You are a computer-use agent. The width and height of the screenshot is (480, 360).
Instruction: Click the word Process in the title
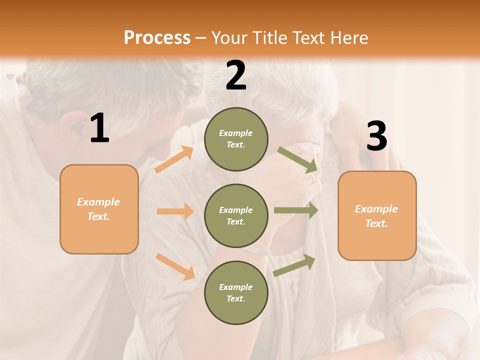[x=157, y=38]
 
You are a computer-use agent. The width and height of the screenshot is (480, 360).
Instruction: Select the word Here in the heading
[x=349, y=38]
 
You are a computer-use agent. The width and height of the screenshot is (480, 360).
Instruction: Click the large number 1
[x=99, y=128]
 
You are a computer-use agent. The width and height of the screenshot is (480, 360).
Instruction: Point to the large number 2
[x=236, y=76]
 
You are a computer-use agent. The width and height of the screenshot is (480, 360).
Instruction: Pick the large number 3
[x=376, y=136]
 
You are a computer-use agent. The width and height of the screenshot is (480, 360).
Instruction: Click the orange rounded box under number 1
[x=99, y=209]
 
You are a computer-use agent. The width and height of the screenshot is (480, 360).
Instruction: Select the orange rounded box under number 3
[x=377, y=215]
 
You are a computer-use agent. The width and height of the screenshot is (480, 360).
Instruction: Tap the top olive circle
[x=236, y=139]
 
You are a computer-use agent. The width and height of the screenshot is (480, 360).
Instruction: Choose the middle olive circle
[x=236, y=215]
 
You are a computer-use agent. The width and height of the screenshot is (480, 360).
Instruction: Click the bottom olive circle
[x=236, y=292]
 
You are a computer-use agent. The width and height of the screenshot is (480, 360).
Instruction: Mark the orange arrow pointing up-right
[x=174, y=159]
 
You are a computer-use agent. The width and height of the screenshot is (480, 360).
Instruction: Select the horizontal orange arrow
[x=175, y=211]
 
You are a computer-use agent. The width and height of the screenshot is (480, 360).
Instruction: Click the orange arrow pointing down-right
[x=175, y=266]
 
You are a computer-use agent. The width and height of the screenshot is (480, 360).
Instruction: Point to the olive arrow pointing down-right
[x=298, y=159]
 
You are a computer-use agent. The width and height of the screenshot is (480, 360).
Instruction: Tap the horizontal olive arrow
[x=296, y=210]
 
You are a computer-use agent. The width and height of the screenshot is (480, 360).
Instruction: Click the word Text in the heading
[x=309, y=38]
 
